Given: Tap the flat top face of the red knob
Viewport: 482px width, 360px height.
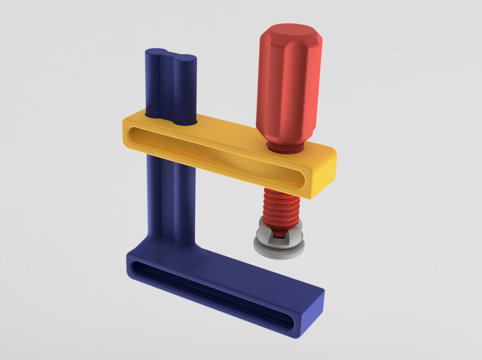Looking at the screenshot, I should click(290, 31).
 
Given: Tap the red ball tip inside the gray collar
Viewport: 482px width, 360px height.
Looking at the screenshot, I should click(278, 234).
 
